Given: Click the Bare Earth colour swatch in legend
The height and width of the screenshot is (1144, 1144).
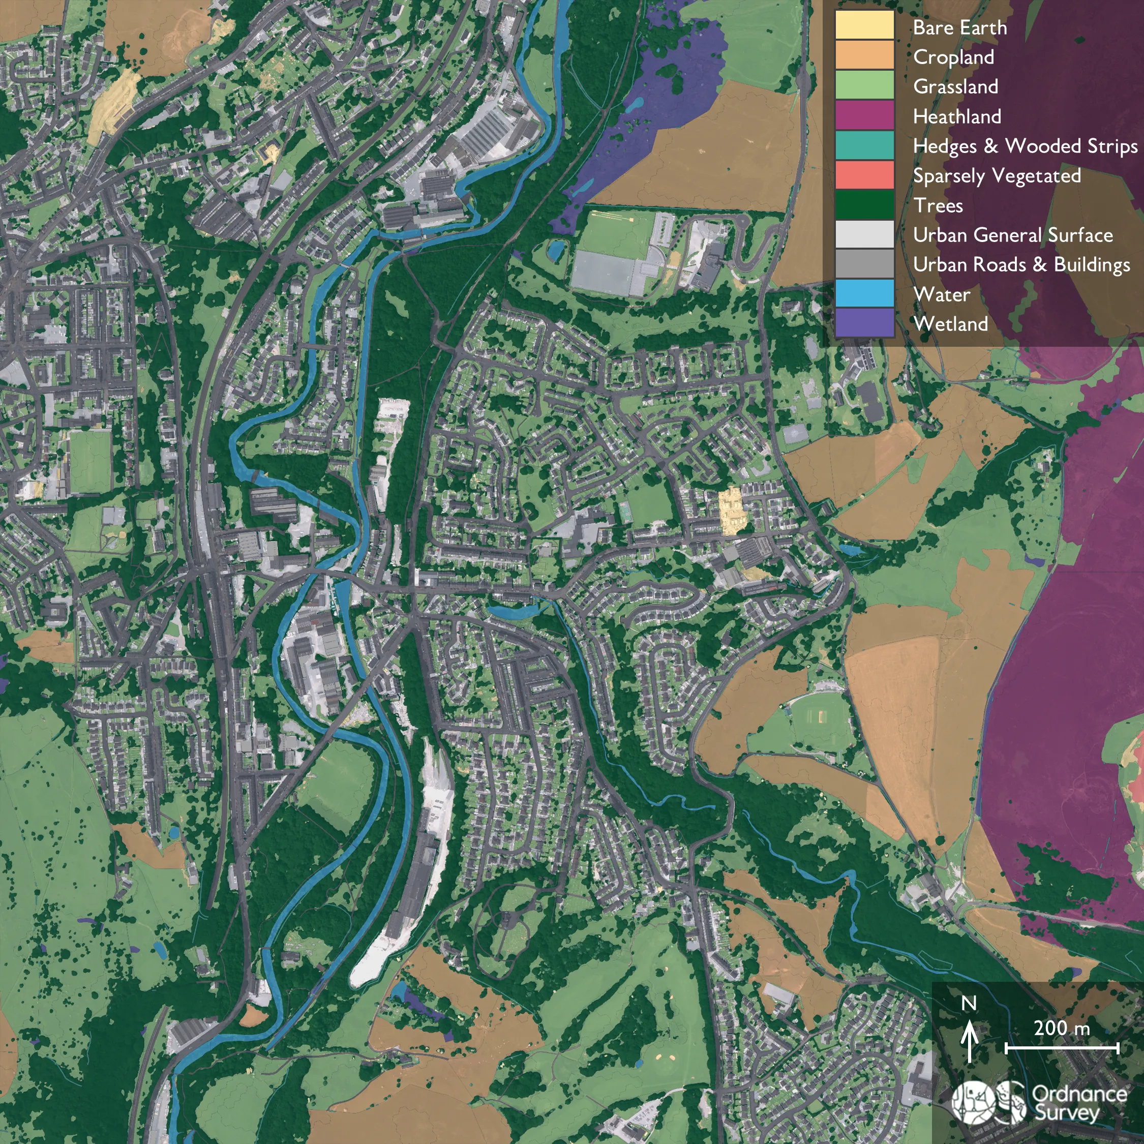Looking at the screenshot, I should pyautogui.click(x=864, y=25).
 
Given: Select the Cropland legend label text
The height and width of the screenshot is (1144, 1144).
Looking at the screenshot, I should pyautogui.click(x=953, y=57).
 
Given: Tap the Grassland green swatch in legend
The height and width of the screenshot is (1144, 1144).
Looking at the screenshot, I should pyautogui.click(x=864, y=85).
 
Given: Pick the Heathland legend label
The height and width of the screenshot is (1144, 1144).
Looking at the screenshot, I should pyautogui.click(x=956, y=116).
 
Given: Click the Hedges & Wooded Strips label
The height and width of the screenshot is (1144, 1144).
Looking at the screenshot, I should pyautogui.click(x=1025, y=146).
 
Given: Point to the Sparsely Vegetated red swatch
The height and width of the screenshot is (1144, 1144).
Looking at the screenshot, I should pyautogui.click(x=864, y=174).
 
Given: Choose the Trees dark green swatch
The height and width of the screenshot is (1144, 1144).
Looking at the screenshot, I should pyautogui.click(x=864, y=204).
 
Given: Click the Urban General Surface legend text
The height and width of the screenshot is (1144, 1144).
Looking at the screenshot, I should pyautogui.click(x=1012, y=235).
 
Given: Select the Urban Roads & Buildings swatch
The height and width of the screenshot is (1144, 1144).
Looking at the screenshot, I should pyautogui.click(x=864, y=263).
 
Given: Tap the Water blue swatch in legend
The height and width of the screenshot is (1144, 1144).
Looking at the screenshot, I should pyautogui.click(x=864, y=292).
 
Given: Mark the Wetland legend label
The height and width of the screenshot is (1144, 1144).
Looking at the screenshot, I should pyautogui.click(x=950, y=324).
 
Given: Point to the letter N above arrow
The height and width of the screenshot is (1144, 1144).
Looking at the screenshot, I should pyautogui.click(x=969, y=1003).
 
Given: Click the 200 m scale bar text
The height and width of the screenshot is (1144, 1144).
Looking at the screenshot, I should pyautogui.click(x=1061, y=1028).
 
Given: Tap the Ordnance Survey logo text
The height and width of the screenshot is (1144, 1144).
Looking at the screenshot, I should pyautogui.click(x=1079, y=1102).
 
